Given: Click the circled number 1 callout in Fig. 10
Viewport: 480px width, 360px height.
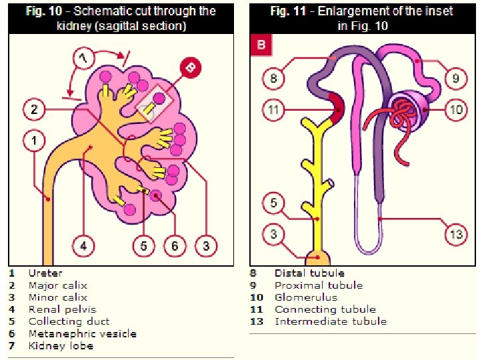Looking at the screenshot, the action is point(34,141).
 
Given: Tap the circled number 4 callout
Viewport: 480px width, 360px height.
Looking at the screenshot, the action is point(83,245).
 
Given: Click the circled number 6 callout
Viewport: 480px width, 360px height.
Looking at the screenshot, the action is point(175,245).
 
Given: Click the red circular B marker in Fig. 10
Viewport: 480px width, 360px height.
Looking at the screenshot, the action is point(191,67).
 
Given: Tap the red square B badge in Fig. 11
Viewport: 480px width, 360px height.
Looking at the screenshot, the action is point(260,47).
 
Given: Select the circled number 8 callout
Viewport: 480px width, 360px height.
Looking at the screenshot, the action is point(273,79).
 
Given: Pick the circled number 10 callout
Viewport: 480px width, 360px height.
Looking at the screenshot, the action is point(455,109).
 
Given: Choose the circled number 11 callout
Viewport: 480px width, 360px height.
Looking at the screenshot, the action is point(273,109).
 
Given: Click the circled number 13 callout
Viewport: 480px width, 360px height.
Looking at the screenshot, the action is point(455,234).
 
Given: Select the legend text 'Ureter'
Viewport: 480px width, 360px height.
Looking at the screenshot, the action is point(45,273).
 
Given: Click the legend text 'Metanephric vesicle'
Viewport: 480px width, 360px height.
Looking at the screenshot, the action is point(82,333).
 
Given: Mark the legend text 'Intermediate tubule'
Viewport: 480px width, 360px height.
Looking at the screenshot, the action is point(330,321).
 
